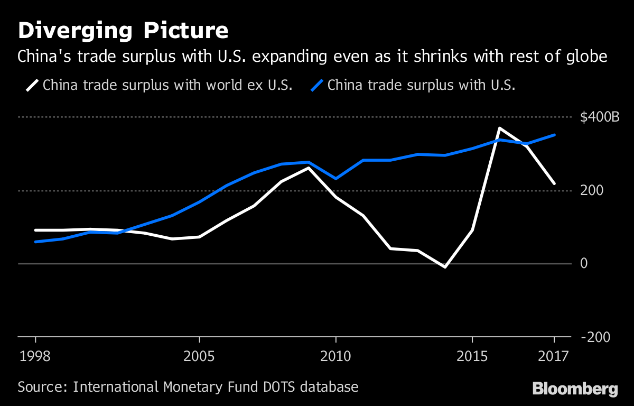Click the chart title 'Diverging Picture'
click(x=123, y=31)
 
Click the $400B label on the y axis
click(x=600, y=117)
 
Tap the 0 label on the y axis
click(x=584, y=263)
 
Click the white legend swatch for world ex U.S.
click(x=31, y=85)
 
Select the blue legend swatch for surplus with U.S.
click(x=316, y=85)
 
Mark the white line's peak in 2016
click(x=499, y=128)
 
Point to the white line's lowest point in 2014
click(x=445, y=267)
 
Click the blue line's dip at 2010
click(x=335, y=179)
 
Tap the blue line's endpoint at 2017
click(x=554, y=135)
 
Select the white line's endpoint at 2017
click(x=554, y=183)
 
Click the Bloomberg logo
click(x=575, y=389)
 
